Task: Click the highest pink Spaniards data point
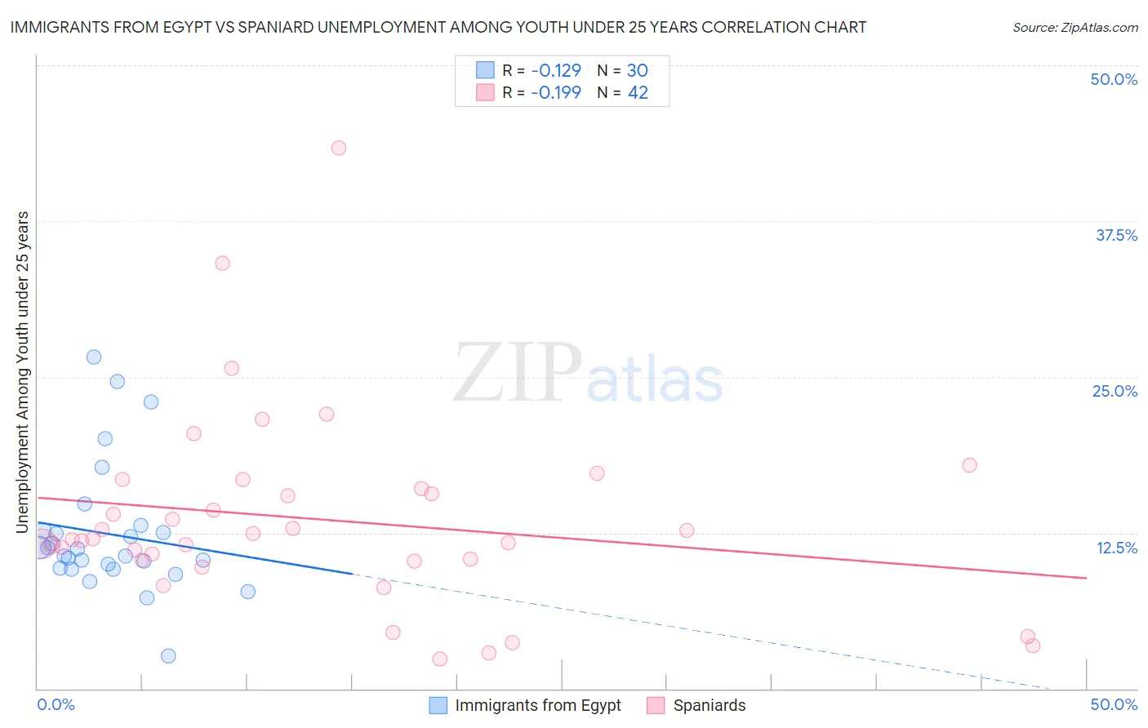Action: click(339, 148)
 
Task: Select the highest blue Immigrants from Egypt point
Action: click(94, 357)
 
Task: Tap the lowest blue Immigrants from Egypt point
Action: click(168, 655)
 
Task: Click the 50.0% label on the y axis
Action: click(1114, 79)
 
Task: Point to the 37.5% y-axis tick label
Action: click(1116, 235)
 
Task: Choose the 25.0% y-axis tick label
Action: click(1115, 391)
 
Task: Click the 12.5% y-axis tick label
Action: click(1116, 548)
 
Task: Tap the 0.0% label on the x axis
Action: click(56, 704)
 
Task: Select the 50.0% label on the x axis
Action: click(1114, 704)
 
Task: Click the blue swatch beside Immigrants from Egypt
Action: click(438, 705)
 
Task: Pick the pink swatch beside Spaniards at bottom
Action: click(656, 705)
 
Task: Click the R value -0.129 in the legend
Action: click(555, 71)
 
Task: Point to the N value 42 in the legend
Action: click(638, 93)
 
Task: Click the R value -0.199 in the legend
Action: click(555, 93)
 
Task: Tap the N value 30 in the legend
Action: click(637, 71)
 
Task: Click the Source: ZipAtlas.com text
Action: click(1075, 28)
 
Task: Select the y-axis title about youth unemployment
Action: click(23, 372)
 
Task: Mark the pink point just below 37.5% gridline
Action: click(222, 263)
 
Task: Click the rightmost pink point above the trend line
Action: click(969, 465)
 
